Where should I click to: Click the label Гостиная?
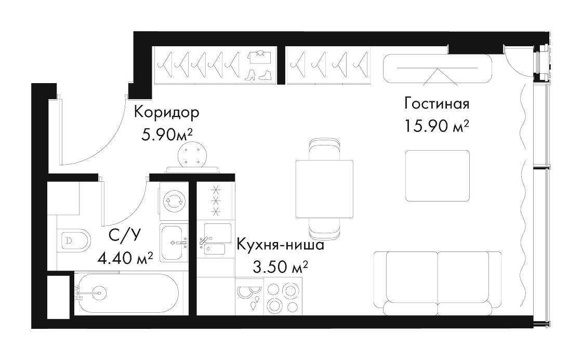point(437,103)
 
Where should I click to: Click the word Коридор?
point(167,112)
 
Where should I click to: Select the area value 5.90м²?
point(167,135)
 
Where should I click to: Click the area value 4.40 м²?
point(125,257)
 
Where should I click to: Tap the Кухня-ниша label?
point(280,245)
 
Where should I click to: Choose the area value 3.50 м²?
point(280,266)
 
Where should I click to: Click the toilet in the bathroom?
point(74,240)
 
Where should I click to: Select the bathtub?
point(129,294)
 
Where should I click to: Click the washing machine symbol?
point(174,201)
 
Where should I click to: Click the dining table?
point(324,189)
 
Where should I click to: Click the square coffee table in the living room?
point(438,176)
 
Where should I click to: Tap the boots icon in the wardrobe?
point(259,75)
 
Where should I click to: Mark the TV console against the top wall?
point(437,69)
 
